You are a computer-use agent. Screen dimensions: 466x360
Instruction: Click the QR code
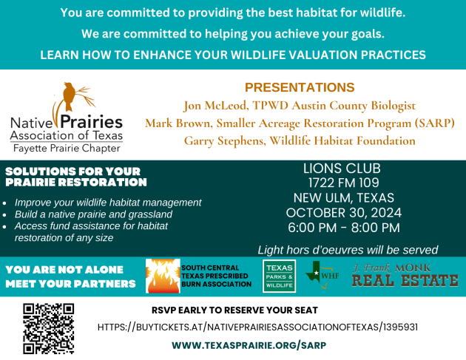48,328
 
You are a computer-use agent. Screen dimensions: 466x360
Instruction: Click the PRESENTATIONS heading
300,87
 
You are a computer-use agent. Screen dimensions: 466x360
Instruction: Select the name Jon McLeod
215,106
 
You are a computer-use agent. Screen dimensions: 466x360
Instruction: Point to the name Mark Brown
178,123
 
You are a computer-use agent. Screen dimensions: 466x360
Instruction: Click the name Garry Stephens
224,141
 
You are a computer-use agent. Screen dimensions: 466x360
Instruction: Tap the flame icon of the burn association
163,276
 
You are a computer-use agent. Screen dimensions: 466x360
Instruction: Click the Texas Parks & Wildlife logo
280,276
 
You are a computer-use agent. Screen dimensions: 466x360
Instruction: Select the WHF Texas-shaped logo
323,275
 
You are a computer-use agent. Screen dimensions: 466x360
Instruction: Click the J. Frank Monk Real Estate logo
405,275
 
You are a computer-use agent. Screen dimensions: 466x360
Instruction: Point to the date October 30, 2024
343,213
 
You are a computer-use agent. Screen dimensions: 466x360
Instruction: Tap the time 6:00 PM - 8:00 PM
344,228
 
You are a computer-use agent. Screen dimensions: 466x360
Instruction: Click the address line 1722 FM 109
343,183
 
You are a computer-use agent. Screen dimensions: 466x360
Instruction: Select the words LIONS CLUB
342,169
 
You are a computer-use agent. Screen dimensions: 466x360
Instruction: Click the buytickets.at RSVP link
257,327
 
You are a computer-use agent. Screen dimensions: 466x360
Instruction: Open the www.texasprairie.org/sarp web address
249,345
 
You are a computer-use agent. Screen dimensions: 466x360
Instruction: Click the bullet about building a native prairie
93,214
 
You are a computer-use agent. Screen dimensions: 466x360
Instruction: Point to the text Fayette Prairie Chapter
67,149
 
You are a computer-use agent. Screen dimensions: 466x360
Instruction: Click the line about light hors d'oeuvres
348,250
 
